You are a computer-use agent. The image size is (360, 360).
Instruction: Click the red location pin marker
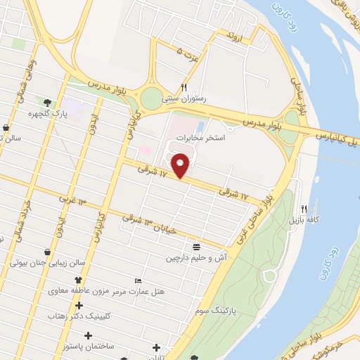pos(181,165)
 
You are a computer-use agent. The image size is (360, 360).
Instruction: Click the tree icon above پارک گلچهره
pos(48,103)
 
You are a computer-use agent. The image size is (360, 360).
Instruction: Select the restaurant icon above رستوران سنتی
pos(184,87)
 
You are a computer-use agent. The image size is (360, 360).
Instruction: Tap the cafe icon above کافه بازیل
pos(304,209)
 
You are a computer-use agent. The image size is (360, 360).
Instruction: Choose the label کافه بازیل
pos(303,220)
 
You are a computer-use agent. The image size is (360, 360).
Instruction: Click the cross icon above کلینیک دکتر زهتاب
pos(79,306)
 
